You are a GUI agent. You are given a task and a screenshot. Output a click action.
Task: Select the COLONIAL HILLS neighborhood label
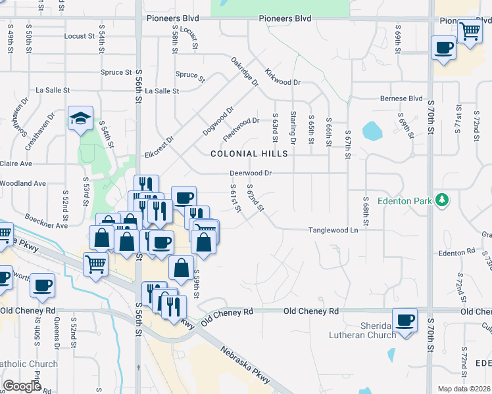coord(249,154)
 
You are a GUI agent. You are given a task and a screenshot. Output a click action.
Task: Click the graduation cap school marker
coord(80,118)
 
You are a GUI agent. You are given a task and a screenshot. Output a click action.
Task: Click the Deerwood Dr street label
coord(251,173)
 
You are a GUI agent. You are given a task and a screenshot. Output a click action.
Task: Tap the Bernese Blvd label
coord(401,98)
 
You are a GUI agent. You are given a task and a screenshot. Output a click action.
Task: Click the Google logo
coord(22,385)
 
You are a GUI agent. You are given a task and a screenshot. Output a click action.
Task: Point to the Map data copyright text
coord(463,389)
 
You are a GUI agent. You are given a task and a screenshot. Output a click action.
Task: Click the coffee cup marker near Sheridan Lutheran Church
coord(405,320)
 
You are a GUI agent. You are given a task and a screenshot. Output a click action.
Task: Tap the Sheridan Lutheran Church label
coord(362,330)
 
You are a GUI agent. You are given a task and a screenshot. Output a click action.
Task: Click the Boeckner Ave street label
coord(47,221)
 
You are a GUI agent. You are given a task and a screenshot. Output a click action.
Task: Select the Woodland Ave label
coord(22,183)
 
